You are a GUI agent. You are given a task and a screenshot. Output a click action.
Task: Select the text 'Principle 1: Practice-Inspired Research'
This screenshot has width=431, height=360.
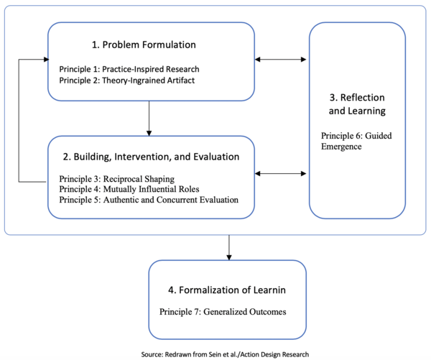click(129, 69)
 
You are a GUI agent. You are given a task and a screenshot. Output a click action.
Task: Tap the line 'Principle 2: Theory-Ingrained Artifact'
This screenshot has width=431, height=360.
click(126, 80)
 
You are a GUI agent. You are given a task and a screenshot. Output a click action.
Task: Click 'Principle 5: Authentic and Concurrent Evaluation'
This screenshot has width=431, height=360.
click(149, 200)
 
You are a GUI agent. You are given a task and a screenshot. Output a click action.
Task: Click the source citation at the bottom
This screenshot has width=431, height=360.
click(225, 354)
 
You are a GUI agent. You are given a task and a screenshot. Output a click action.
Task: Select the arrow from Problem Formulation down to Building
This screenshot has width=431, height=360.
click(149, 118)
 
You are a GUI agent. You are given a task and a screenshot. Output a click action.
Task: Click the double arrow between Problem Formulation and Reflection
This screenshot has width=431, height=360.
click(282, 59)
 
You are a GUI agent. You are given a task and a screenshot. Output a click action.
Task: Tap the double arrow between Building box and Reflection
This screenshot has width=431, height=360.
click(282, 173)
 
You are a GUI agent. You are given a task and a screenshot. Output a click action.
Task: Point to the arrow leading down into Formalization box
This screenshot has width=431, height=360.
click(228, 247)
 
